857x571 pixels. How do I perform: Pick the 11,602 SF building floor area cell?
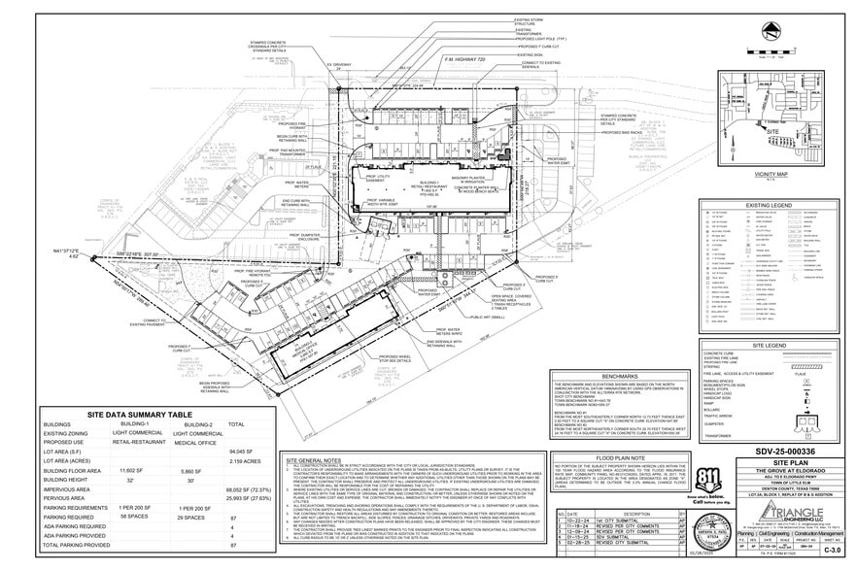[129, 470]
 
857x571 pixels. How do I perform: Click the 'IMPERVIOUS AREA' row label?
[73, 489]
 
